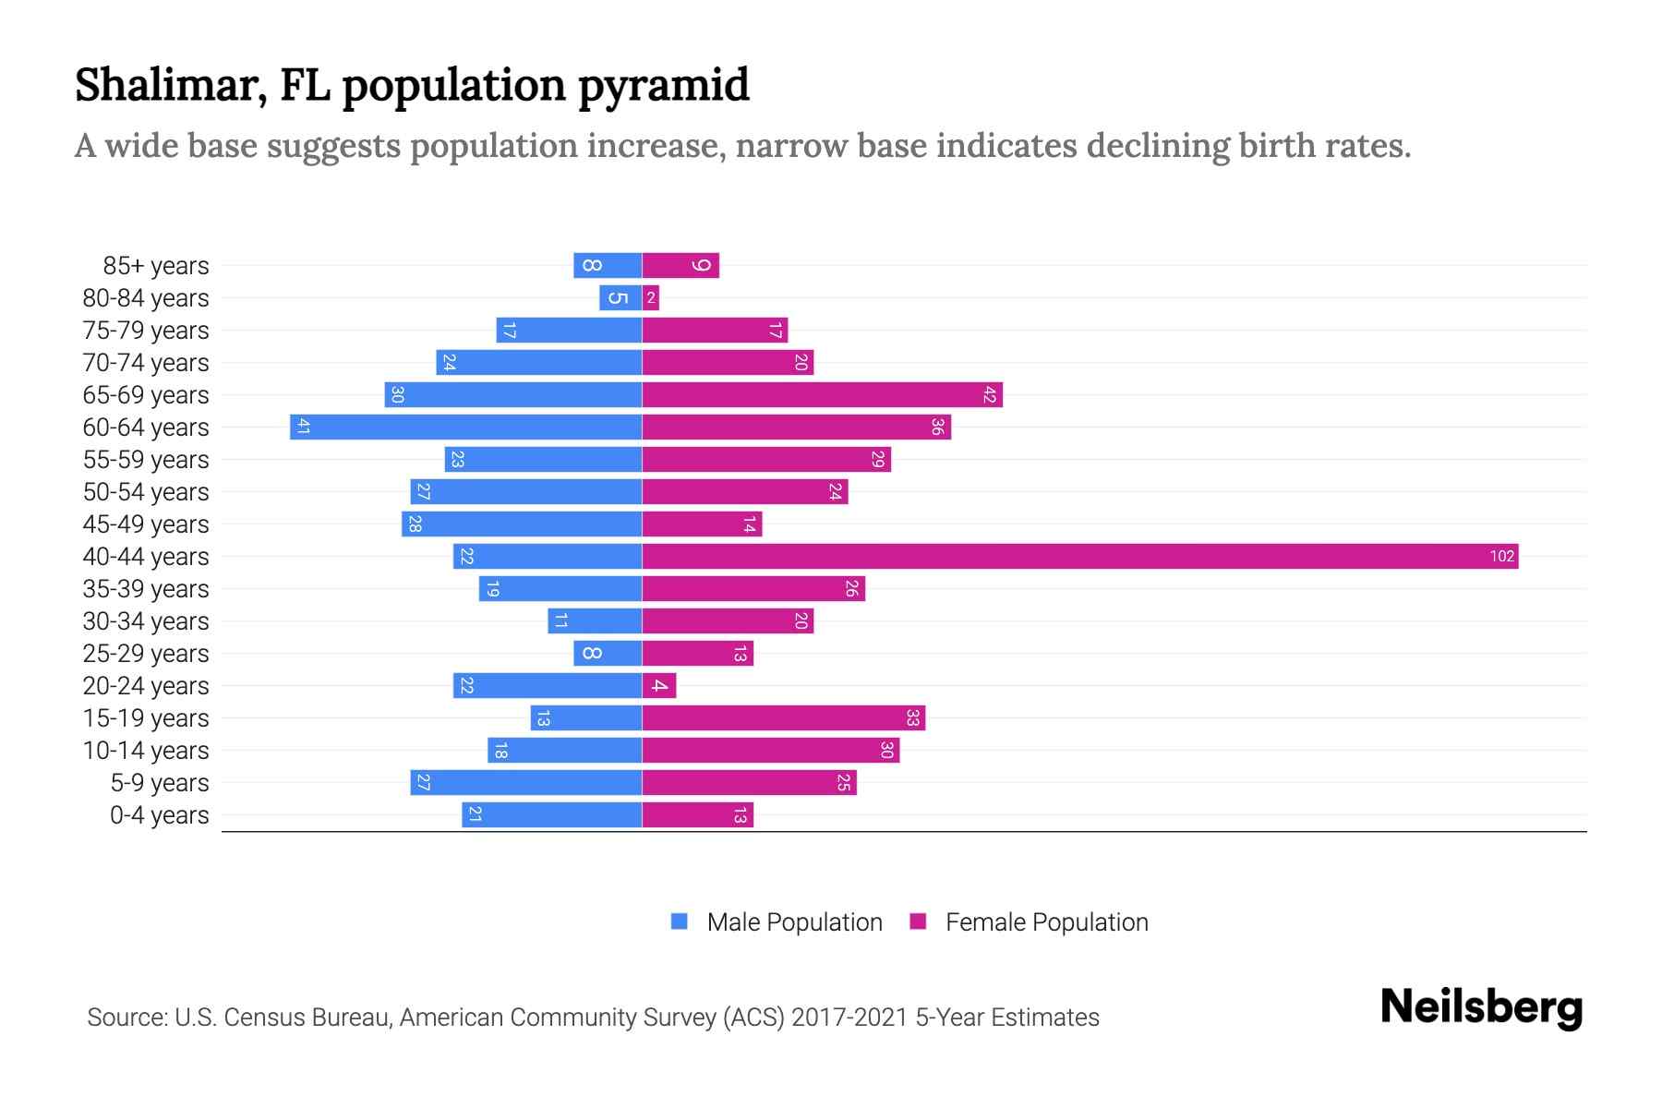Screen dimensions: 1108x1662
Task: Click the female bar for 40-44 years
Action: tap(1080, 556)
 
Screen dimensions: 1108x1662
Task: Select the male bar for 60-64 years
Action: tap(466, 427)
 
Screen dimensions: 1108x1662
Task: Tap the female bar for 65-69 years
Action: tap(822, 394)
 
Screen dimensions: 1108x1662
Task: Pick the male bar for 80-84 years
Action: tap(620, 297)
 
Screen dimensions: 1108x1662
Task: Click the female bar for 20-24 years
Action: tap(659, 685)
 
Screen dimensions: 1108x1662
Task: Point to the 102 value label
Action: tap(1501, 556)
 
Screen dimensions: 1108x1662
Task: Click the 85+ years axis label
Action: tap(155, 266)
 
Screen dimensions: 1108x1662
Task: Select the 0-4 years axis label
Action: tap(159, 815)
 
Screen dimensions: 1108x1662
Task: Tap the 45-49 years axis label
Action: tap(146, 524)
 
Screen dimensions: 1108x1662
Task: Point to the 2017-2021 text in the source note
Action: tap(849, 1018)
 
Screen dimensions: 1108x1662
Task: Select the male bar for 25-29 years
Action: tap(608, 653)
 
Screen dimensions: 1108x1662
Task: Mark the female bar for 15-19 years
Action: tap(783, 717)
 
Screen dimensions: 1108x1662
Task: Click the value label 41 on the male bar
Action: tap(303, 427)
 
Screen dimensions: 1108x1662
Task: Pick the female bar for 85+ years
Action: tap(680, 265)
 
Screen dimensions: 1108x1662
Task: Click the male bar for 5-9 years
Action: tap(526, 782)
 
